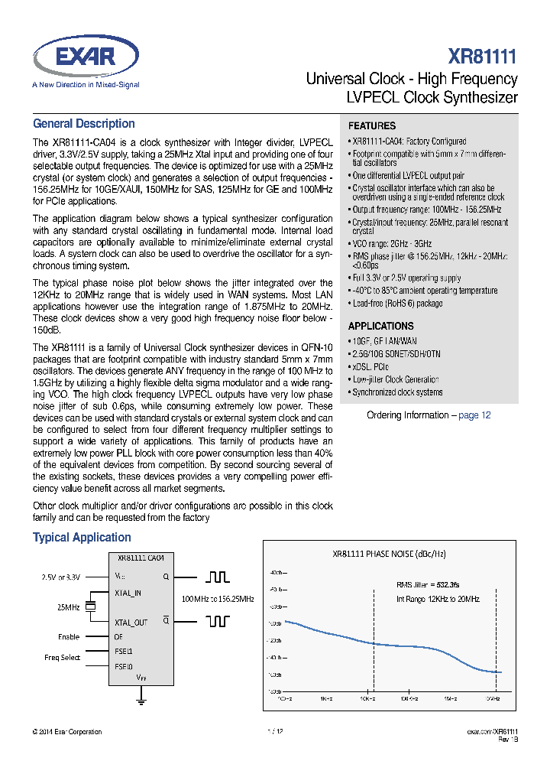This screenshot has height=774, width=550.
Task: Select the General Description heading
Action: tap(83, 124)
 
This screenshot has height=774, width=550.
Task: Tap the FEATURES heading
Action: tap(372, 126)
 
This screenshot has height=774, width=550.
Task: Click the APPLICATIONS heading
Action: tap(381, 326)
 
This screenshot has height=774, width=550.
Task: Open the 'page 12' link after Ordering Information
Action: tap(474, 415)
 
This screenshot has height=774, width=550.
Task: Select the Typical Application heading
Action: tap(82, 538)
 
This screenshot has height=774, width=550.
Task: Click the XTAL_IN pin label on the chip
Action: tap(128, 593)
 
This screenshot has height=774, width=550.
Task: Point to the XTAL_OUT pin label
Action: tap(131, 622)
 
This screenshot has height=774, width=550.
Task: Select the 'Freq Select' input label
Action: tap(62, 658)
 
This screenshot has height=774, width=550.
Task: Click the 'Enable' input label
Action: tap(69, 636)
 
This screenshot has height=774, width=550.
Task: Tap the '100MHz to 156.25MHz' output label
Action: tap(218, 598)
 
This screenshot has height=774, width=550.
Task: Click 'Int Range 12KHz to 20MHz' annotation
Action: tap(438, 600)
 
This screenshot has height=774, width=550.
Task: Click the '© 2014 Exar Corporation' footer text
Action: tap(67, 732)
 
